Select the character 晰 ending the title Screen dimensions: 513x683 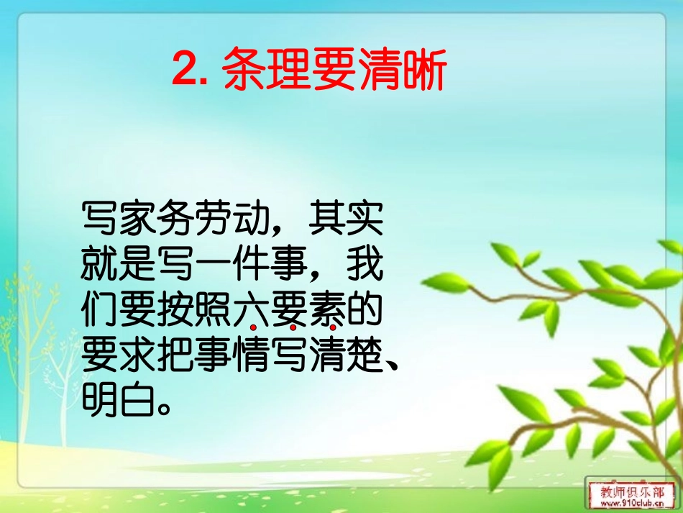pyautogui.click(x=423, y=70)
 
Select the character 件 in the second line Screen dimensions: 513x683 pyautogui.click(x=250, y=266)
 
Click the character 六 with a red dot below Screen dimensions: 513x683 pyautogui.click(x=250, y=310)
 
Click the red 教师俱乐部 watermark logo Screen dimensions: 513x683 pyautogui.click(x=633, y=490)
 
